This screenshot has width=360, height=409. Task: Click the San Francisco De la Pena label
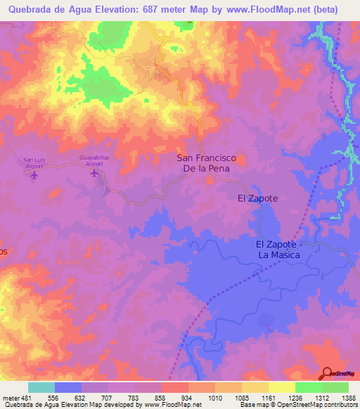[x=205, y=164]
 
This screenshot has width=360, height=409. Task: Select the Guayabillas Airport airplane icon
[x=94, y=174]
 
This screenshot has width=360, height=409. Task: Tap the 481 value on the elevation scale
[x=25, y=397]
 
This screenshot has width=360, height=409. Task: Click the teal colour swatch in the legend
[x=41, y=387]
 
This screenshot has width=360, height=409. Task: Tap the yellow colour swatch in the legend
[x=282, y=387]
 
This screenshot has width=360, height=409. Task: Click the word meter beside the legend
[x=10, y=397]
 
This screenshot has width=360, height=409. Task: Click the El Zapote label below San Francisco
[x=257, y=199]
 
